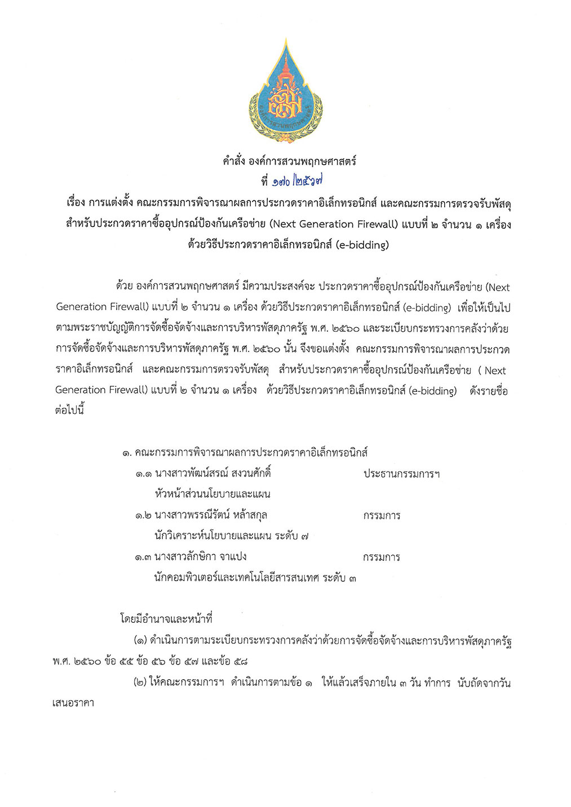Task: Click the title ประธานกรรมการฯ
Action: pyautogui.click(x=401, y=474)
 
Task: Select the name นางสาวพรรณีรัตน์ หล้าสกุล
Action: pyautogui.click(x=211, y=515)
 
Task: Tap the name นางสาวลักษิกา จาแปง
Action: pyautogui.click(x=200, y=556)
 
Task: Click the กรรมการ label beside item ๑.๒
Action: pyautogui.click(x=382, y=515)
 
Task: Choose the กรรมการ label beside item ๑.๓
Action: pyautogui.click(x=382, y=557)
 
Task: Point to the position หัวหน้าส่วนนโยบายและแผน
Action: pyautogui.click(x=213, y=494)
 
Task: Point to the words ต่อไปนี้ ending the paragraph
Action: pyautogui.click(x=69, y=410)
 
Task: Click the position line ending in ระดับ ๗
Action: pyautogui.click(x=231, y=536)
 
